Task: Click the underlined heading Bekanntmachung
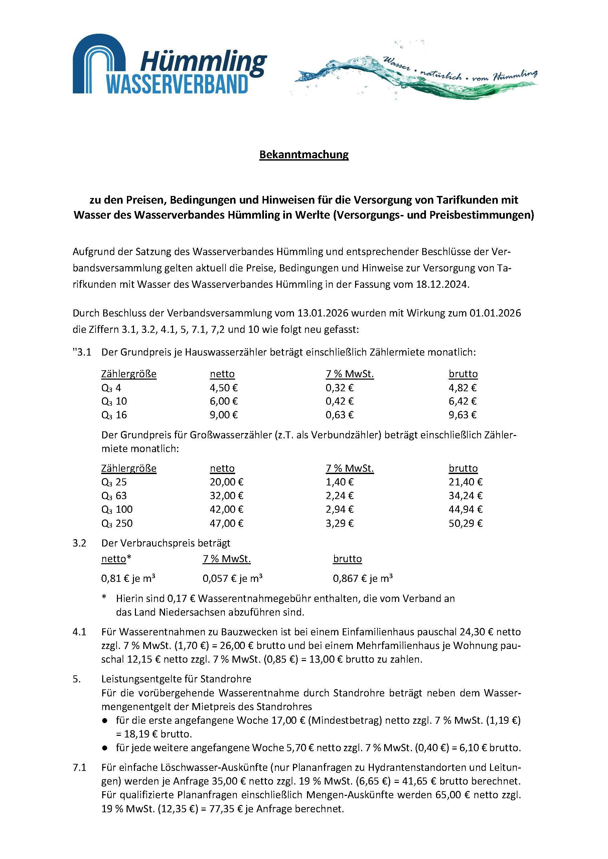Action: [x=304, y=155]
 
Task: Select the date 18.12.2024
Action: [x=442, y=284]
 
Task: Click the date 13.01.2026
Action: [x=323, y=313]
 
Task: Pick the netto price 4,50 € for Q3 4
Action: [x=223, y=388]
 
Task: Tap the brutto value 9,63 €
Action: [x=462, y=415]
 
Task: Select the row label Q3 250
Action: [x=117, y=523]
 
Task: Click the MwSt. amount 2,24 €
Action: [x=339, y=496]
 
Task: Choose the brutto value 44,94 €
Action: [x=465, y=509]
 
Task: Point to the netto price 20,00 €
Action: [x=226, y=482]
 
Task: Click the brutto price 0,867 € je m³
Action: [x=363, y=579]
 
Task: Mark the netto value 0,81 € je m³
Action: [x=128, y=579]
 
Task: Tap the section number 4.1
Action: [x=80, y=632]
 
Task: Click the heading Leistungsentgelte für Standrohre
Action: [x=176, y=679]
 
